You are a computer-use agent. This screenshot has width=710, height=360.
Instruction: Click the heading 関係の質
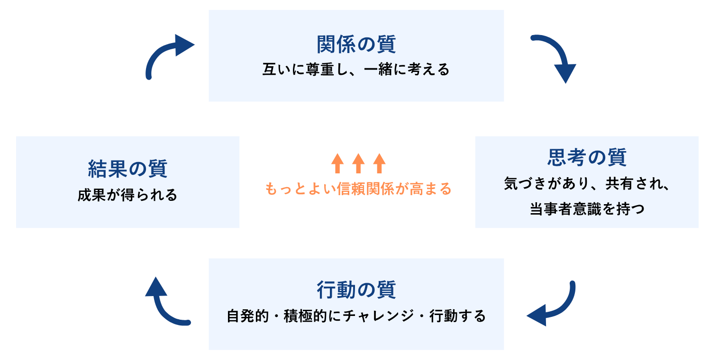356,44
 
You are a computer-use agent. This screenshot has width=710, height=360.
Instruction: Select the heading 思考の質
587,157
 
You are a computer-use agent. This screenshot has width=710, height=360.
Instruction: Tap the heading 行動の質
356,289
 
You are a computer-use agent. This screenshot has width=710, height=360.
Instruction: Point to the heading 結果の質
127,169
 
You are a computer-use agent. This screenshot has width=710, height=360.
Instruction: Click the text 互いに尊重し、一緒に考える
356,70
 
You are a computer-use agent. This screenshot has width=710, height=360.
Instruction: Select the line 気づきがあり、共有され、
587,183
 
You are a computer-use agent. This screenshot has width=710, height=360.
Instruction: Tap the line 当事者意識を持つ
587,209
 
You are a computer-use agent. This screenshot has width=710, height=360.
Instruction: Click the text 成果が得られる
127,195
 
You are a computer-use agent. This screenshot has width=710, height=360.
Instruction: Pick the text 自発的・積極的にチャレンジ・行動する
356,316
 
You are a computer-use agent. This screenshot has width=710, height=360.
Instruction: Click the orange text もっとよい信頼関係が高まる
358,189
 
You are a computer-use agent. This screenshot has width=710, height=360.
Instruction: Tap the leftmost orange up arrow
337,163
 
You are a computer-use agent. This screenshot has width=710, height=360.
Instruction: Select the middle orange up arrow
358,163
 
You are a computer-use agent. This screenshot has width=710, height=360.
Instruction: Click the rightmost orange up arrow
379,163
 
